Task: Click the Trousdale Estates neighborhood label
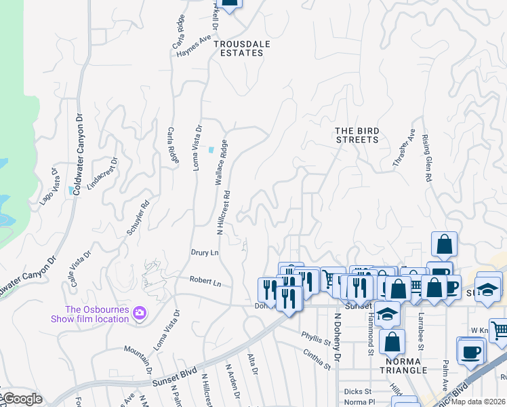point(238,48)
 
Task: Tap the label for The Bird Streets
point(357,135)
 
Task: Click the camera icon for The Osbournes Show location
point(140,312)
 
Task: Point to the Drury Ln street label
point(205,252)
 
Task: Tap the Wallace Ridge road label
point(221,163)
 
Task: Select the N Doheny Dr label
point(336,336)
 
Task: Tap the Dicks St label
point(357,391)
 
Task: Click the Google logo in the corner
point(22,399)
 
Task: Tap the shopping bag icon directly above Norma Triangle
point(392,343)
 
